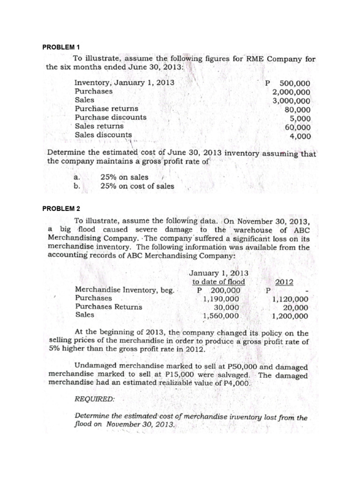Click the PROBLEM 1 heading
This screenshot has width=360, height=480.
click(61, 47)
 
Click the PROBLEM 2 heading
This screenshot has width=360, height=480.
click(61, 208)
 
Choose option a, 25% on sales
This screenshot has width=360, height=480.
click(124, 177)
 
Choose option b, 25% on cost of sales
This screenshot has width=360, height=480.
click(137, 186)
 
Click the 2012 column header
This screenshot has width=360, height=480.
click(285, 282)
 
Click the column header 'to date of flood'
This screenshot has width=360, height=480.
click(218, 282)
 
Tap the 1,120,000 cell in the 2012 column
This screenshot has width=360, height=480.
click(290, 299)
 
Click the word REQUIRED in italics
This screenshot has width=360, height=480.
click(94, 400)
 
